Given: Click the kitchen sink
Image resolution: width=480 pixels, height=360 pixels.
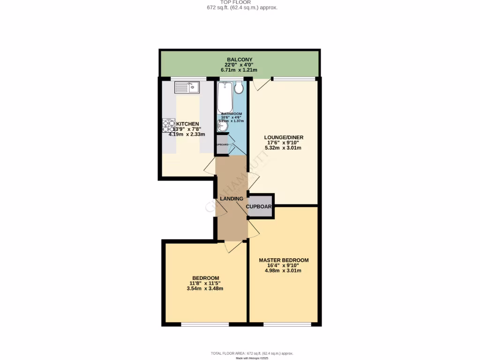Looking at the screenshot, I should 187,87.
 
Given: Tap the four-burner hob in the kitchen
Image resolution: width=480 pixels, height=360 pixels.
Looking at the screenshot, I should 168,126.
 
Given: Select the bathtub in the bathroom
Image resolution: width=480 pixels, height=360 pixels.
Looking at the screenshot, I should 225,97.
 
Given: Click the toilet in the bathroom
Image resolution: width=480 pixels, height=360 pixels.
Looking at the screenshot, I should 239,87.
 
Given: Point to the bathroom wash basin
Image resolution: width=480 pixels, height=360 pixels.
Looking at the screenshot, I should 222,126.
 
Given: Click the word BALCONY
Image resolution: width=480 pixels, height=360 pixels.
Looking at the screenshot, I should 240,60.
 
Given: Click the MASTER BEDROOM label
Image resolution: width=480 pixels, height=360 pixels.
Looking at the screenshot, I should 284,260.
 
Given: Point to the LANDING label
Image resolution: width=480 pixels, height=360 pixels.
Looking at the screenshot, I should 232,199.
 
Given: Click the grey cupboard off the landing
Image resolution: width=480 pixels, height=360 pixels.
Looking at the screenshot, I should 260,206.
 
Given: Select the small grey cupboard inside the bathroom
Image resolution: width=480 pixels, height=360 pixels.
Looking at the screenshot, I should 222,144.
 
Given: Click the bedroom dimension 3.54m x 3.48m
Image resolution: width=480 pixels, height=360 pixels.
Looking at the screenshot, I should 204,288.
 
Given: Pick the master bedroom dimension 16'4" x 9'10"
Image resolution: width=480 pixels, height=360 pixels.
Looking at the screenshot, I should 284,265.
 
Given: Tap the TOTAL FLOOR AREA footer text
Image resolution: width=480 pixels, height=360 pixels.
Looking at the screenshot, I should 252,353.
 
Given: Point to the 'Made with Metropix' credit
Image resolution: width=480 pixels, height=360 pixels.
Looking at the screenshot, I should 252,358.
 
